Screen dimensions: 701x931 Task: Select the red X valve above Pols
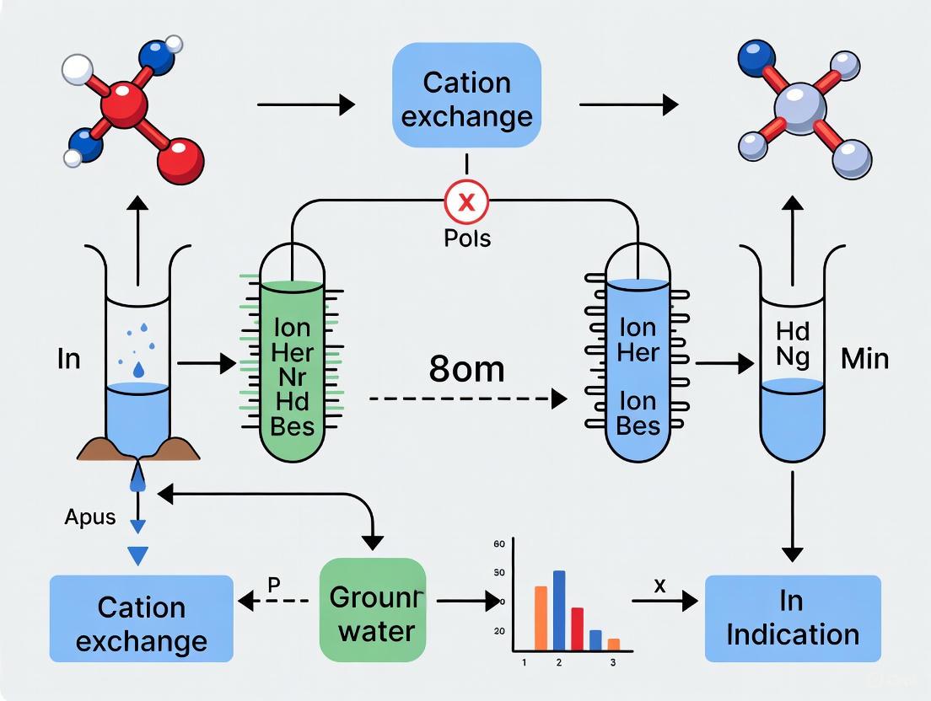click(x=466, y=201)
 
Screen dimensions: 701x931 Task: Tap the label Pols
click(x=466, y=238)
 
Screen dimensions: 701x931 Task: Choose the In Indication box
click(x=792, y=618)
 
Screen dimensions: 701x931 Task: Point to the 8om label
click(x=466, y=369)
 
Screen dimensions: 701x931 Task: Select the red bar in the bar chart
click(x=577, y=629)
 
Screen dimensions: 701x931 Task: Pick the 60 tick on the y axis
click(x=499, y=544)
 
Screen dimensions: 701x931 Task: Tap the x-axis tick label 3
click(x=613, y=662)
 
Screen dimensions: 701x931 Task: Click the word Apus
click(x=89, y=516)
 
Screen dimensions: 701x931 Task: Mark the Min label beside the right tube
click(x=864, y=359)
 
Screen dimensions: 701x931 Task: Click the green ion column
click(x=291, y=371)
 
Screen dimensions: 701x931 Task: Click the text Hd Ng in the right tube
click(x=792, y=344)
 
